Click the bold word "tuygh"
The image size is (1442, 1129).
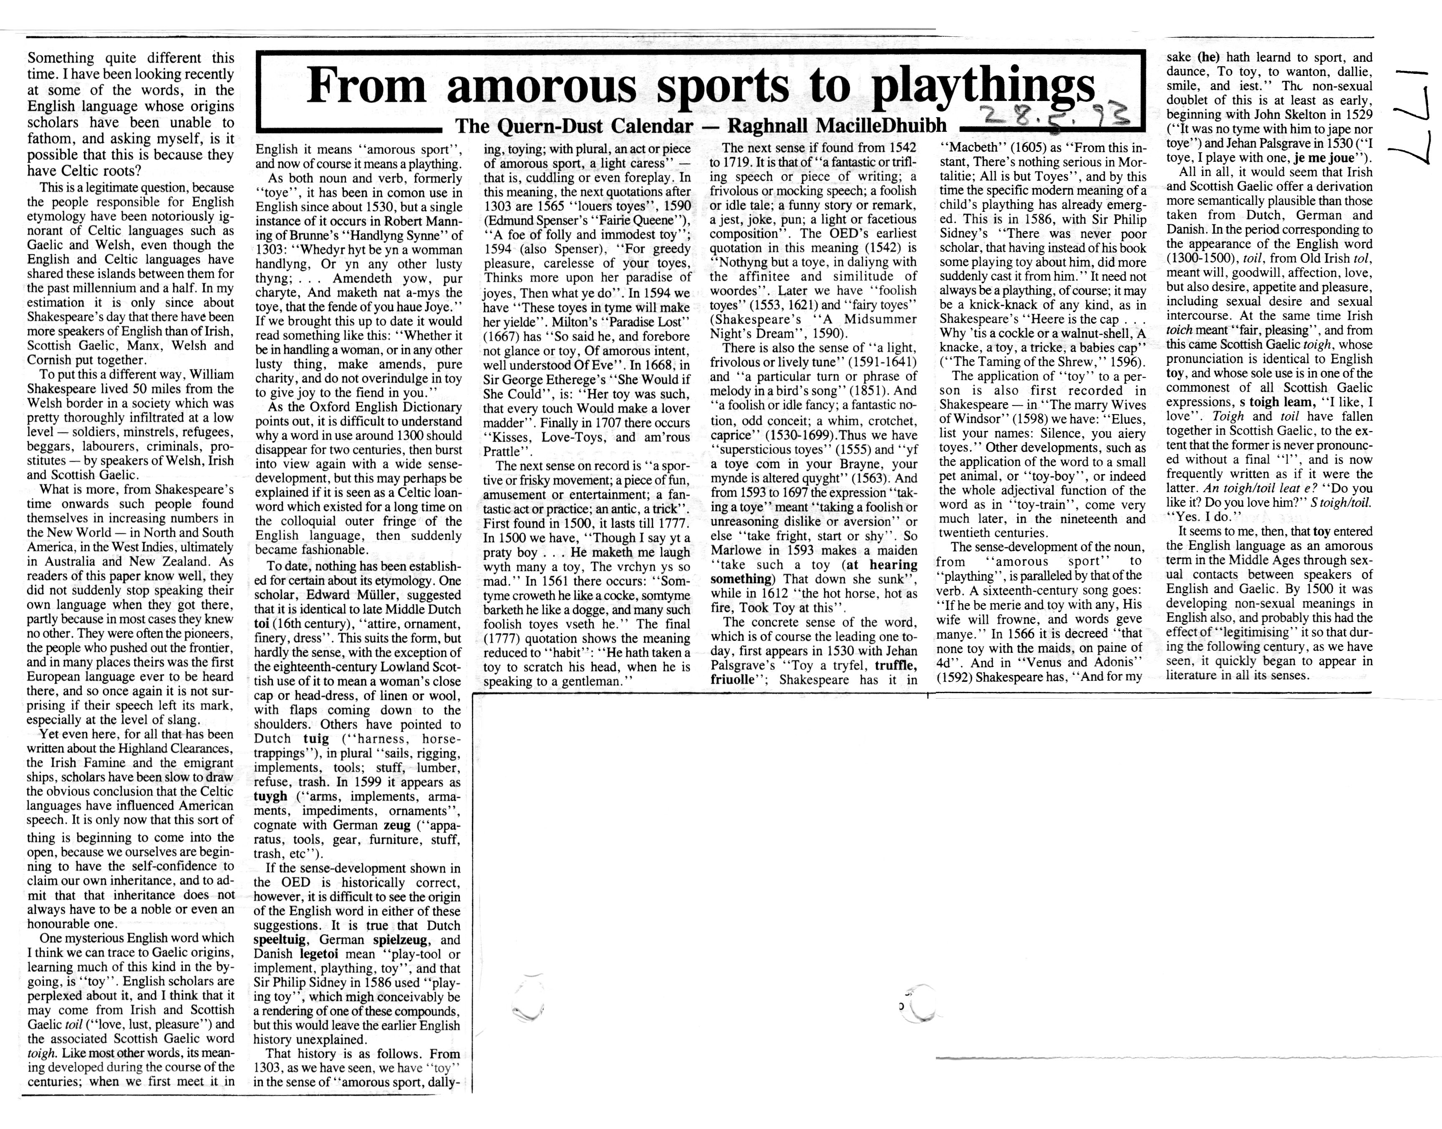(270, 797)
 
